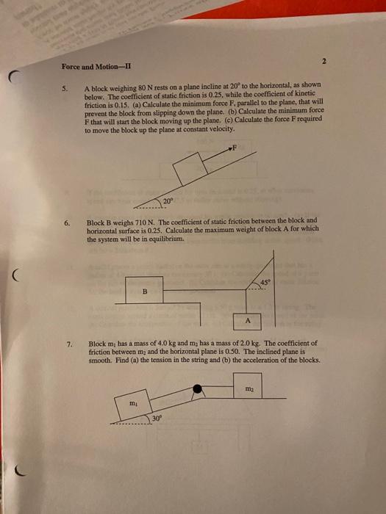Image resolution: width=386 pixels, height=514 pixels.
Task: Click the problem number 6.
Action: (67, 220)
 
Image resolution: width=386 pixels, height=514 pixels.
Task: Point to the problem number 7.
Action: (68, 343)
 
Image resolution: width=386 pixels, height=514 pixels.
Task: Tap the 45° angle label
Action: (265, 282)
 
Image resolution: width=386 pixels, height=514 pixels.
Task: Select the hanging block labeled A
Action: (248, 320)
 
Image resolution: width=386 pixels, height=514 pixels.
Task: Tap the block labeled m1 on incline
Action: (134, 404)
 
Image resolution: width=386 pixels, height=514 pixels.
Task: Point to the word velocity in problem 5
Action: (226, 128)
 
